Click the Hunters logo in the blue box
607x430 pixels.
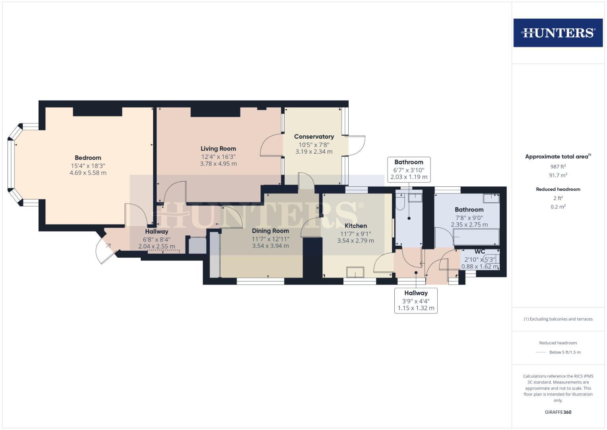pyautogui.click(x=558, y=33)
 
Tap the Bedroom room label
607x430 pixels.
pyautogui.click(x=88, y=158)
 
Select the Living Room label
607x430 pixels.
pyautogui.click(x=218, y=149)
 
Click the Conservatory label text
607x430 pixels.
pyautogui.click(x=314, y=137)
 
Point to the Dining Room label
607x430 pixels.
pyautogui.click(x=270, y=231)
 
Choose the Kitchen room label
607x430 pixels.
pyautogui.click(x=355, y=226)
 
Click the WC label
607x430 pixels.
pyautogui.click(x=480, y=252)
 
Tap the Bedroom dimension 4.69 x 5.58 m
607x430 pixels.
pyautogui.click(x=88, y=173)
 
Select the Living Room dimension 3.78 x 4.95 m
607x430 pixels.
pyautogui.click(x=218, y=164)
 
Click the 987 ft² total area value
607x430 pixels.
pyautogui.click(x=558, y=167)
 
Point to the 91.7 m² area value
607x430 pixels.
pyautogui.click(x=558, y=175)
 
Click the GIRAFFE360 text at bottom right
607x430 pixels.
pyautogui.click(x=558, y=412)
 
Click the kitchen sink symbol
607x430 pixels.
pyautogui.click(x=355, y=272)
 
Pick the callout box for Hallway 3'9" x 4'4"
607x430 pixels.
pyautogui.click(x=416, y=301)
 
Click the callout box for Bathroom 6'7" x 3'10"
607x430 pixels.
pyautogui.click(x=409, y=170)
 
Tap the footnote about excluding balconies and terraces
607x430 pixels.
pyautogui.click(x=558, y=319)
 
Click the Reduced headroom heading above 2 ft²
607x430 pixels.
pyautogui.click(x=558, y=189)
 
